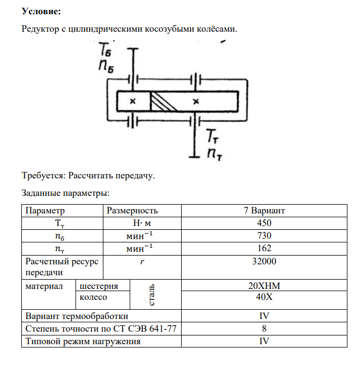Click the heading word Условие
(x=41, y=11)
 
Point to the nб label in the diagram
(x=107, y=66)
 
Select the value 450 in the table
(x=264, y=223)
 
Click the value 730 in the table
(x=264, y=236)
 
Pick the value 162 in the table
(x=264, y=248)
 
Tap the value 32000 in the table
(x=264, y=262)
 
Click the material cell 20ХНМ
(x=264, y=286)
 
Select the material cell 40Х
(x=264, y=298)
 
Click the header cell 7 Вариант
(x=264, y=211)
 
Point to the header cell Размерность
(x=132, y=211)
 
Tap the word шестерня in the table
(x=98, y=286)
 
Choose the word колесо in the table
(x=93, y=298)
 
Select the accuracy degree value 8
(x=264, y=328)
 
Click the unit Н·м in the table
(x=142, y=223)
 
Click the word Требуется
(x=43, y=176)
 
